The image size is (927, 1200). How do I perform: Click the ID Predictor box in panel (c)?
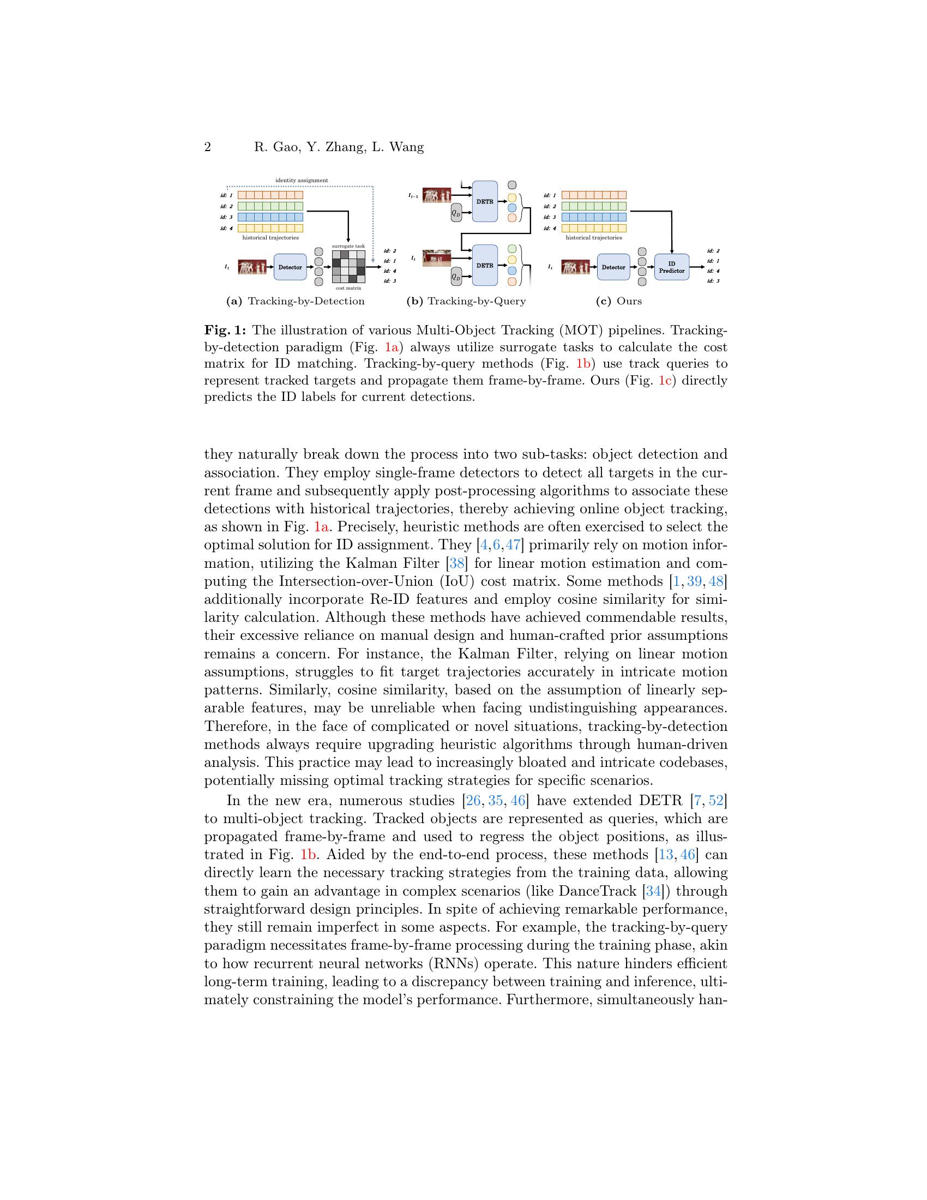point(671,267)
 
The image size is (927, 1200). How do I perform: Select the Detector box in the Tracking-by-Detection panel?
point(290,267)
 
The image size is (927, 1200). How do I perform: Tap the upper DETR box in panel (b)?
point(484,202)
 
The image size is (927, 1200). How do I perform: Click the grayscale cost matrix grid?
point(348,267)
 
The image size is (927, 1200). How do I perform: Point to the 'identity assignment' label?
point(302,180)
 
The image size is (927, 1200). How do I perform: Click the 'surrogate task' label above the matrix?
point(348,246)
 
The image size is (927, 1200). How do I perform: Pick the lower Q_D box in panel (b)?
point(456,277)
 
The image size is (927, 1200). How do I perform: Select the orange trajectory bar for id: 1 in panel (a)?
point(270,195)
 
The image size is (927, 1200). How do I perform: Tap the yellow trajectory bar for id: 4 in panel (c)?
point(594,228)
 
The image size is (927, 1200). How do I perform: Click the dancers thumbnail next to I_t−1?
point(437,195)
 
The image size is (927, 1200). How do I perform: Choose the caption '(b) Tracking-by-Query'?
point(466,301)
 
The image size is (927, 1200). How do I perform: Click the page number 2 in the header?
point(208,147)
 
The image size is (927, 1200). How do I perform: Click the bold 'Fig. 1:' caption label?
point(225,330)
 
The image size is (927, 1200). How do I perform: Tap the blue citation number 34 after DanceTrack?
point(653,891)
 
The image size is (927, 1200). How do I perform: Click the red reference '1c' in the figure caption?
point(665,380)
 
